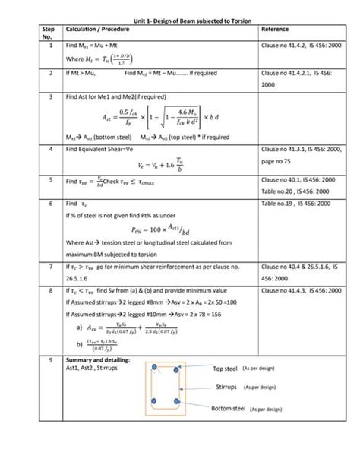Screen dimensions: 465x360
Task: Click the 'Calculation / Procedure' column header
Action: click(x=97, y=30)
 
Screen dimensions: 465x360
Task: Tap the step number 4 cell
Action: click(x=49, y=151)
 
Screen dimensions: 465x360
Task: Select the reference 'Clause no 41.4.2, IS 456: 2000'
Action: click(x=300, y=46)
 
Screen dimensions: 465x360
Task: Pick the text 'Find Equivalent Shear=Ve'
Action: click(x=102, y=151)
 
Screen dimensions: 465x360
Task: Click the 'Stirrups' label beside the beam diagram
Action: click(x=226, y=387)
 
